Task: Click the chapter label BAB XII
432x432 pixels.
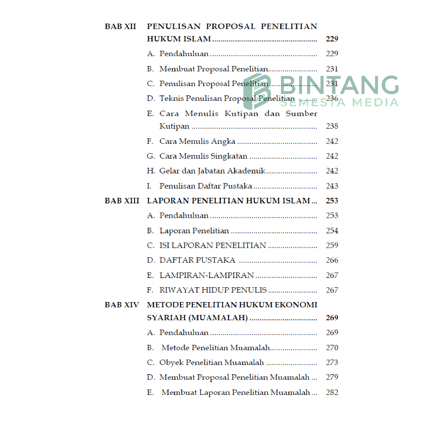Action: click(120, 27)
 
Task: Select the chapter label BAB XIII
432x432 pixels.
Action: click(121, 201)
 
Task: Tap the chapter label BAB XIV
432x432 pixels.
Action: click(121, 305)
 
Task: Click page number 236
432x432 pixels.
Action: click(332, 99)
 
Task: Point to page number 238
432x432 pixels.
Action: click(332, 126)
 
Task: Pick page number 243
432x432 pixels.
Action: click(332, 186)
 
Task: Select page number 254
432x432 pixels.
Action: click(332, 231)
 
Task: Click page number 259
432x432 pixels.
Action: click(332, 246)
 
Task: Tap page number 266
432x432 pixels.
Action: click(332, 260)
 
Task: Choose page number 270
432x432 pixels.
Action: click(332, 348)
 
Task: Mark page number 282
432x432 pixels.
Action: click(332, 392)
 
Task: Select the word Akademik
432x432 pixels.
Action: click(246, 171)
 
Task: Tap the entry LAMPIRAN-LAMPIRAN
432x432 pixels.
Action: click(206, 275)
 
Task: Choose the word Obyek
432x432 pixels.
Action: click(171, 362)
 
